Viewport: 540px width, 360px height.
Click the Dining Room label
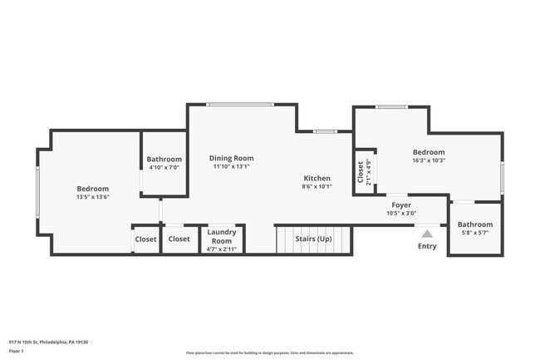[231, 158]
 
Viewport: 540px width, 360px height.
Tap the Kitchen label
[317, 178]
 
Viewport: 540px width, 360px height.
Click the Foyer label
[401, 205]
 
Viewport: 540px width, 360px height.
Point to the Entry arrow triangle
[427, 234]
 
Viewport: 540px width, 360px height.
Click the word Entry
[427, 246]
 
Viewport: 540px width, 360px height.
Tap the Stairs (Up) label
[314, 239]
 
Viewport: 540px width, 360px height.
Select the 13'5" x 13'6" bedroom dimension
[93, 197]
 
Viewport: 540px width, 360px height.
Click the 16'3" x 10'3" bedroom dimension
[429, 160]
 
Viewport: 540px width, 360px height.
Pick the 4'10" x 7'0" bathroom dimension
[164, 167]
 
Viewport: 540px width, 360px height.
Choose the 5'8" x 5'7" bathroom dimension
[474, 233]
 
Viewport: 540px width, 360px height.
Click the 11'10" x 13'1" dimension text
[231, 166]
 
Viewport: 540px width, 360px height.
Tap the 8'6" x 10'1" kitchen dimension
[317, 186]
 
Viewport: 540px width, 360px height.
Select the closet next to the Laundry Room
[179, 239]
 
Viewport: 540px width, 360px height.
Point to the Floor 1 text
[17, 352]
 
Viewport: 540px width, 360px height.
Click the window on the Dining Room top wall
[241, 104]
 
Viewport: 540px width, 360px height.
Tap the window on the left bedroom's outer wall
[37, 191]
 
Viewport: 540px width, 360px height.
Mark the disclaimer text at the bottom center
[269, 353]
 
